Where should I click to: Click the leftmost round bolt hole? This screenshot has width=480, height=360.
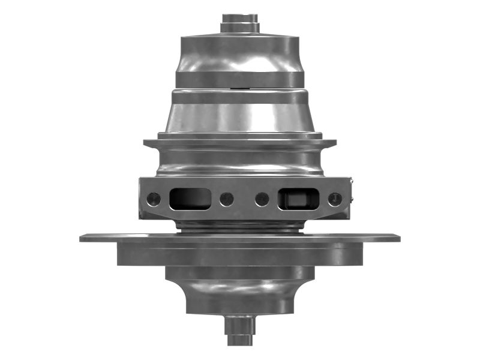154,199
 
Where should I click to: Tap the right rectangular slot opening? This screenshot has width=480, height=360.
299,199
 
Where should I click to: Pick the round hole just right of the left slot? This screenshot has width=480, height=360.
226,199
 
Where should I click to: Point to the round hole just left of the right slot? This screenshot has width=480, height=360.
262,199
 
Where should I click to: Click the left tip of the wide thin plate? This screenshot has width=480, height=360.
83,238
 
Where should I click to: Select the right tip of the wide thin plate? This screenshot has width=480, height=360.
397,238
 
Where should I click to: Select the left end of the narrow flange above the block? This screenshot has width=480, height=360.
146,143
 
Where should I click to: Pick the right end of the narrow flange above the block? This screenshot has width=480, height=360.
333,143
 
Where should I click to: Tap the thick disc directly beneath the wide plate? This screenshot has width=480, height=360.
240,255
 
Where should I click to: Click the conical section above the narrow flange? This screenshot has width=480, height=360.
240,117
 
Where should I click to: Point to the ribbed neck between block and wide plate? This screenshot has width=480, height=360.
240,226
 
